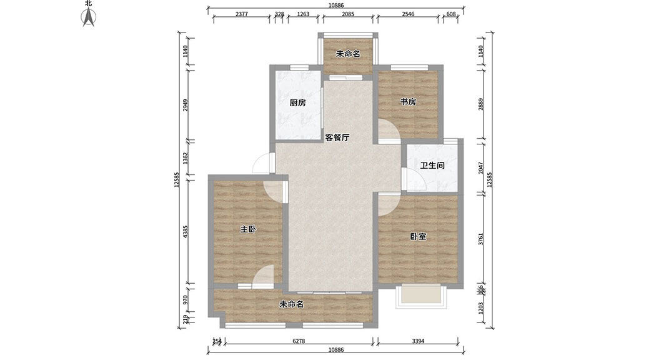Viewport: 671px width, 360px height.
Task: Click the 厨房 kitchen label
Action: click(298, 103)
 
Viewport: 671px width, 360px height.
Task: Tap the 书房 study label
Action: click(408, 102)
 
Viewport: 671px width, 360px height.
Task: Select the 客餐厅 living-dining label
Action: click(337, 137)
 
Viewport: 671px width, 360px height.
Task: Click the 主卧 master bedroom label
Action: click(248, 229)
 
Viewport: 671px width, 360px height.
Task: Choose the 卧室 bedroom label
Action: click(419, 237)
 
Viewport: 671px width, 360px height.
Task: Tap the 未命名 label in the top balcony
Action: click(348, 54)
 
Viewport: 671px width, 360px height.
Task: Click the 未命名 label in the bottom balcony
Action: click(291, 304)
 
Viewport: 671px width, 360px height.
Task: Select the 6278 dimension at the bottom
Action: click(299, 341)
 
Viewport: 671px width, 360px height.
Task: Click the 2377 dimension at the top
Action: click(244, 14)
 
